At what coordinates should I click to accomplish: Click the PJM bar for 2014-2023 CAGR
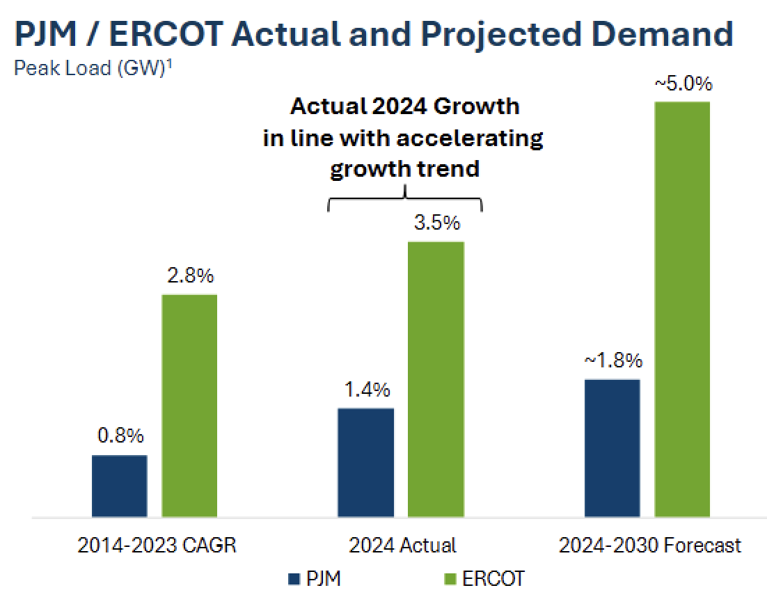click(x=119, y=486)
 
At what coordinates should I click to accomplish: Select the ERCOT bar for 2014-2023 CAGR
click(x=189, y=406)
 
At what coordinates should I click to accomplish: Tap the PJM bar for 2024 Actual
click(x=365, y=462)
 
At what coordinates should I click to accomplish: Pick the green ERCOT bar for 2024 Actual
click(x=436, y=379)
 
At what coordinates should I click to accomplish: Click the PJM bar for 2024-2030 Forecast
click(x=612, y=448)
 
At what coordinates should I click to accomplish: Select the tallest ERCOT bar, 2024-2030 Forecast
click(x=682, y=310)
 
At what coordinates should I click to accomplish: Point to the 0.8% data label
click(x=120, y=436)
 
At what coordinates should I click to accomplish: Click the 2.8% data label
click(x=190, y=276)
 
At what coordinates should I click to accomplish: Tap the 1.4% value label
click(x=367, y=390)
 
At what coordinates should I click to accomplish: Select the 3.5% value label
click(x=436, y=223)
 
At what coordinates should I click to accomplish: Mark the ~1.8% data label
click(x=612, y=360)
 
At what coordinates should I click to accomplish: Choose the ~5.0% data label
click(x=683, y=83)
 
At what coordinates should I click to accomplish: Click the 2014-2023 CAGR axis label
click(x=157, y=545)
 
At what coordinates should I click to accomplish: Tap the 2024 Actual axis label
click(x=402, y=545)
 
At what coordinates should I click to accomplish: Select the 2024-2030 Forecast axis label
click(x=650, y=545)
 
